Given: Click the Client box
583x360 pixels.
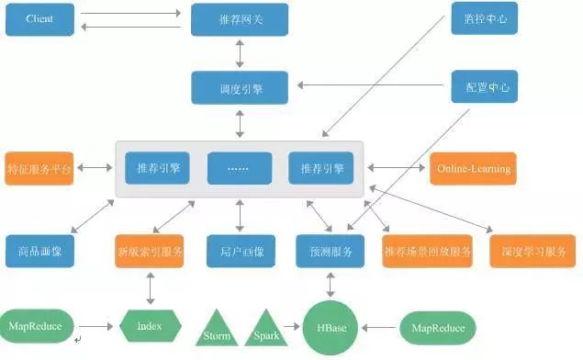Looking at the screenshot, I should click(39, 18).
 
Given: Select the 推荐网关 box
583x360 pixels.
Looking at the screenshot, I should click(240, 18).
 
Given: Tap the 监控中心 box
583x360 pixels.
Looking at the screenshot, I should click(481, 18).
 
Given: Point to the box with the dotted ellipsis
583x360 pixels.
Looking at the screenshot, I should click(240, 168).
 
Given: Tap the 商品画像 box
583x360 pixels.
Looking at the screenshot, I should click(39, 251).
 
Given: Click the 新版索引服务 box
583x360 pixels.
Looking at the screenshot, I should click(150, 251).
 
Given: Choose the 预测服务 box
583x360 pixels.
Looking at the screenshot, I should click(331, 251).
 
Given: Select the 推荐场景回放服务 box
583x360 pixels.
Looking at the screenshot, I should click(428, 251).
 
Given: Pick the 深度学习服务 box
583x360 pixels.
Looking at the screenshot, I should click(533, 251).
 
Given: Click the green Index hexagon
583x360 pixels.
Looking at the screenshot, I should click(151, 326).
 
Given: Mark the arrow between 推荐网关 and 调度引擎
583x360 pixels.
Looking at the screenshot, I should click(240, 52).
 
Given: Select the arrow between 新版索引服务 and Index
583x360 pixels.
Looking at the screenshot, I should click(150, 288).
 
